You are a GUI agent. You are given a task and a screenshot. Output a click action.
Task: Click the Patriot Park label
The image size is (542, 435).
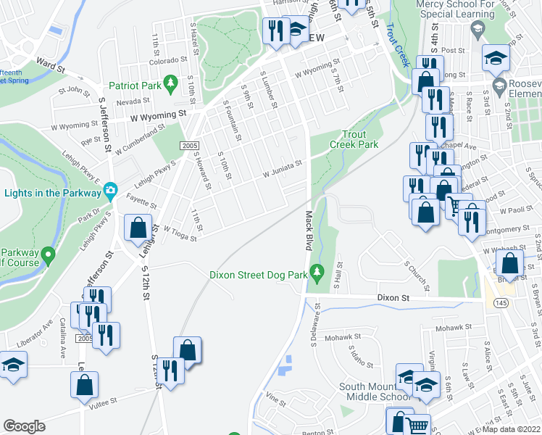(x=134, y=86)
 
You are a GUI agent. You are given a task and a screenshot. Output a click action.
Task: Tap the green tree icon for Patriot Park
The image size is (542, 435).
(x=171, y=85)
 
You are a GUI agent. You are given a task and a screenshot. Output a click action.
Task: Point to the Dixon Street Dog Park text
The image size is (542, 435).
(x=257, y=275)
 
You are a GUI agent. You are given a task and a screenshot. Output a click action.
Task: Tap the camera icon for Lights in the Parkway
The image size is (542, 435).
(x=110, y=191)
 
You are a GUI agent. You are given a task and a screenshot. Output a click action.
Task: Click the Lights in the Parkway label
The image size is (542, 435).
(x=53, y=193)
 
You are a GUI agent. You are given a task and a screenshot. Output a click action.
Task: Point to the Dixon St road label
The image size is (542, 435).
(x=393, y=298)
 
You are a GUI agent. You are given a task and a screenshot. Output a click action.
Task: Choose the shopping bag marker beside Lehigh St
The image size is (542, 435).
(x=138, y=228)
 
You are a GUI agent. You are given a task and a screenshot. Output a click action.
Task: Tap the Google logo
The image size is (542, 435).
(x=24, y=426)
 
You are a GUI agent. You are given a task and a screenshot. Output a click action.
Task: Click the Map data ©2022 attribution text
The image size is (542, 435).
(x=511, y=429)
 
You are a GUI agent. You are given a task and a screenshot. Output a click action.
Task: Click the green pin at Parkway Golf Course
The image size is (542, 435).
(x=48, y=254)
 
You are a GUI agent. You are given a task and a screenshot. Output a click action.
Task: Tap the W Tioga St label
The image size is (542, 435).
(x=180, y=233)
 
